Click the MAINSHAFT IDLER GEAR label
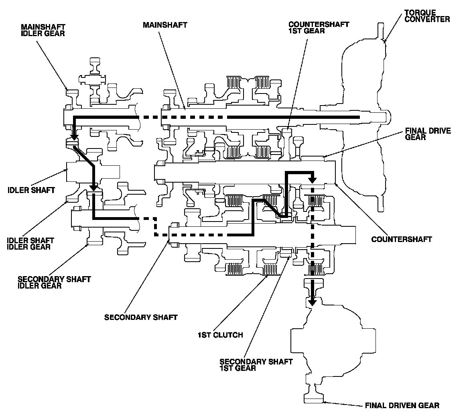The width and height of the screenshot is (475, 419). click(43, 30)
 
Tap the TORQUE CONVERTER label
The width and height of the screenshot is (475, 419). click(427, 16)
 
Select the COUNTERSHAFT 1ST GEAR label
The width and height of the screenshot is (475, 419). click(319, 27)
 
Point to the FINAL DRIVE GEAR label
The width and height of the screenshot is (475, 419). click(428, 134)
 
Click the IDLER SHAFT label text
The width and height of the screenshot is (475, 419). click(31, 190)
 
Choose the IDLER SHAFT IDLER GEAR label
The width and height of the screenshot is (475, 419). click(30, 244)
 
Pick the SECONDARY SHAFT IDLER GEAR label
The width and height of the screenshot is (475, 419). click(54, 282)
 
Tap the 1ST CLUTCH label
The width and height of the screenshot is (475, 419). click(220, 335)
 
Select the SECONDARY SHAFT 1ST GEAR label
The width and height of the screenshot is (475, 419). click(256, 364)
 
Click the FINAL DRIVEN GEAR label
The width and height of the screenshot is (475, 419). click(402, 405)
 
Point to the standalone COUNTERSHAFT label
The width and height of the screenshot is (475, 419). click(401, 239)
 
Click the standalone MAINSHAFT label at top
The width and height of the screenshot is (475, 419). click(165, 25)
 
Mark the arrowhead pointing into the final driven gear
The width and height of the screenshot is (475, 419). click(312, 301)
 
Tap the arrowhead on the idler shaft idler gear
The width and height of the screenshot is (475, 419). click(93, 187)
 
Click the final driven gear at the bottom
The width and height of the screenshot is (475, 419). click(314, 398)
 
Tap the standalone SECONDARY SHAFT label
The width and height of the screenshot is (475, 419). click(140, 317)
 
